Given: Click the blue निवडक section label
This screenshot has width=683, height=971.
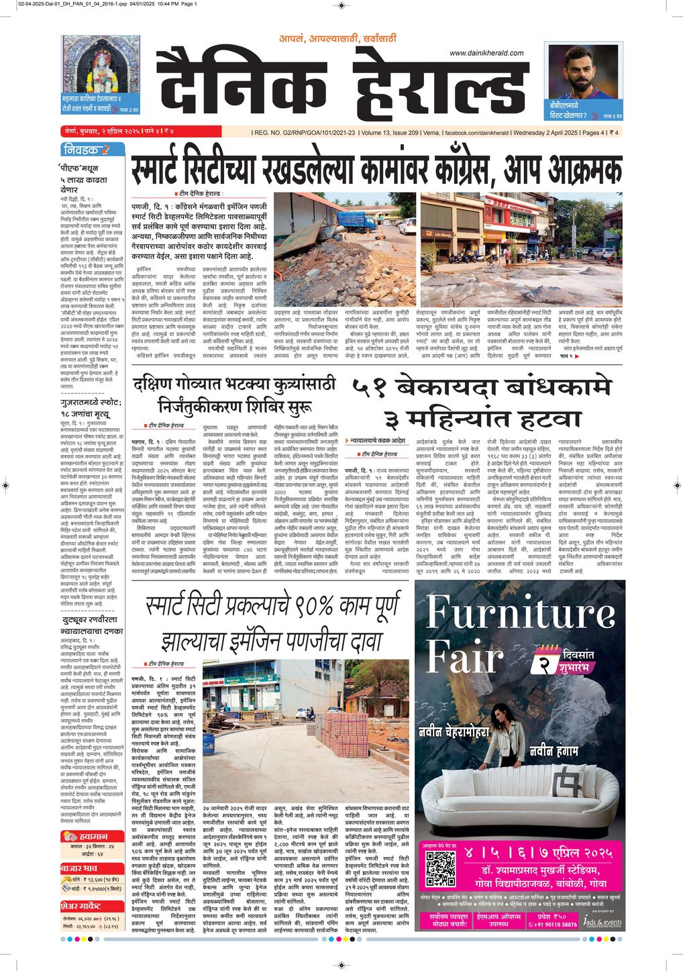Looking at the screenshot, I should (x=83, y=150).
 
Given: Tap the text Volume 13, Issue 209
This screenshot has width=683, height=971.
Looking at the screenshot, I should (x=390, y=132).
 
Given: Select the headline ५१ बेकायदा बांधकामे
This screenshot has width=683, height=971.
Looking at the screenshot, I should (x=480, y=388).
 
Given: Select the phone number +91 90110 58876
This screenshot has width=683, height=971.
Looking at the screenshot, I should (x=554, y=924).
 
